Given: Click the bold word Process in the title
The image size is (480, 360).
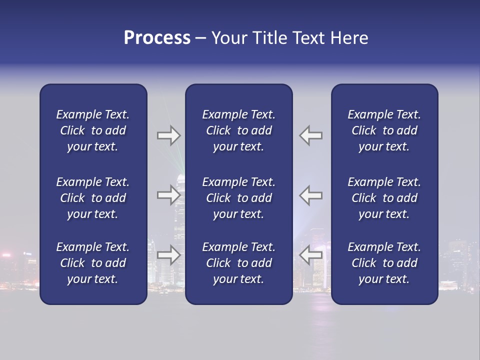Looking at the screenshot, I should point(157,38).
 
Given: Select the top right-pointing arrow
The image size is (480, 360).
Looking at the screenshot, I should point(168,135).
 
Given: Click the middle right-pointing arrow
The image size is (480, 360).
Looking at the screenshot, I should point(168,195).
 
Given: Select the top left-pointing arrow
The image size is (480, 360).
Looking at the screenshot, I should point(311,135).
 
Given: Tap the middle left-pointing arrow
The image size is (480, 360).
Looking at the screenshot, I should point(311,195).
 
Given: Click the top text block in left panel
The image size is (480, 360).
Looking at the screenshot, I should point(93,130).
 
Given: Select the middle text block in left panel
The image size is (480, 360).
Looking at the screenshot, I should point(93,198).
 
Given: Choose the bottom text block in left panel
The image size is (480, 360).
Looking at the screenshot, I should point(93,263).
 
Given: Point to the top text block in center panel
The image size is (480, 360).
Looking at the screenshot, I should point(238,130).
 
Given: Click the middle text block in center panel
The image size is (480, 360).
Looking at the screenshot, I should point(238,198).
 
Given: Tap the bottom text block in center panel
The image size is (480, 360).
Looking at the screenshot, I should point(238,263).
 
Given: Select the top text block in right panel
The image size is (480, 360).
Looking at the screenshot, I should point(384,130).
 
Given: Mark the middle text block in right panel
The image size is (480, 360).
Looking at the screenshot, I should point(384,198).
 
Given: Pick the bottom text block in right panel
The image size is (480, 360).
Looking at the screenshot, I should point(384,263).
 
